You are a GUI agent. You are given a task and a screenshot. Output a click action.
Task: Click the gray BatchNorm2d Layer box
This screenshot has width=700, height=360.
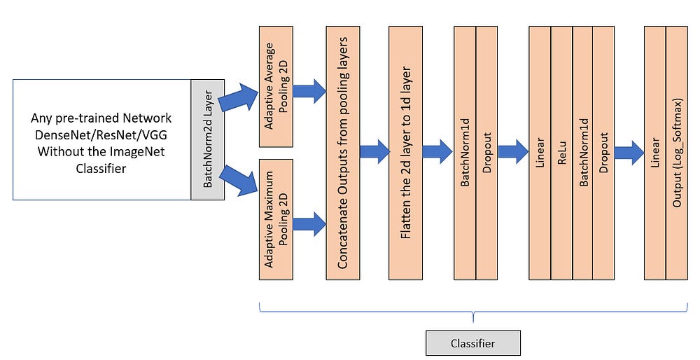tap(208, 140)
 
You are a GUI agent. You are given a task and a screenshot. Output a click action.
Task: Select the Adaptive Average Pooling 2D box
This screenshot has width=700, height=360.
tap(276, 87)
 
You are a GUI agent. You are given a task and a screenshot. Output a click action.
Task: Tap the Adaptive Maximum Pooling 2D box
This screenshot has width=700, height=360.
tap(276, 220)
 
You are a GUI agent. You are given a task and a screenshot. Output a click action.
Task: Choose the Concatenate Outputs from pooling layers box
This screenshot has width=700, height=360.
tap(343, 153)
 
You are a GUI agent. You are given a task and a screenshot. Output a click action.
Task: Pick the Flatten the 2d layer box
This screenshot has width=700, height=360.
tap(405, 153)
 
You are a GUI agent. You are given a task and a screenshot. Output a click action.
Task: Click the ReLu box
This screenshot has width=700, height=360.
tap(561, 153)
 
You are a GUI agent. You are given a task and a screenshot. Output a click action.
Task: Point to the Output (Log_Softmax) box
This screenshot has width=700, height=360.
tap(677, 153)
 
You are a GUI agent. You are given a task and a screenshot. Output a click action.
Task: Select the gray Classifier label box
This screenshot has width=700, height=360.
tap(473, 343)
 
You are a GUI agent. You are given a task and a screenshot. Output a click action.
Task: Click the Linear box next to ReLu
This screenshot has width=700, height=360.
tap(540, 153)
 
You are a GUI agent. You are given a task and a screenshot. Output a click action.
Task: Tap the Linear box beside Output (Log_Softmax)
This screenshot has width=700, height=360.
tap(655, 153)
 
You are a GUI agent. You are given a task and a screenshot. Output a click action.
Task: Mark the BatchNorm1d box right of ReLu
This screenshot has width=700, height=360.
tap(583, 153)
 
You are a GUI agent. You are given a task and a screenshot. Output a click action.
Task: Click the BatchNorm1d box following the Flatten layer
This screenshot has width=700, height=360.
tap(465, 153)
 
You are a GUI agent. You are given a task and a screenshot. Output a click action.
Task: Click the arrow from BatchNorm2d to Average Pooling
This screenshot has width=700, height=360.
tap(239, 97)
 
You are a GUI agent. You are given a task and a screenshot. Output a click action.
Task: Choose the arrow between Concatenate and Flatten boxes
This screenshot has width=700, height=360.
tap(374, 151)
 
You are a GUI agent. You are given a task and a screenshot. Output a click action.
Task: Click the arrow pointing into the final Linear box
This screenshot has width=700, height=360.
tap(629, 152)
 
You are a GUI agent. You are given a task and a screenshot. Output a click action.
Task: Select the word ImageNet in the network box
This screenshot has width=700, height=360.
tap(136, 151)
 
